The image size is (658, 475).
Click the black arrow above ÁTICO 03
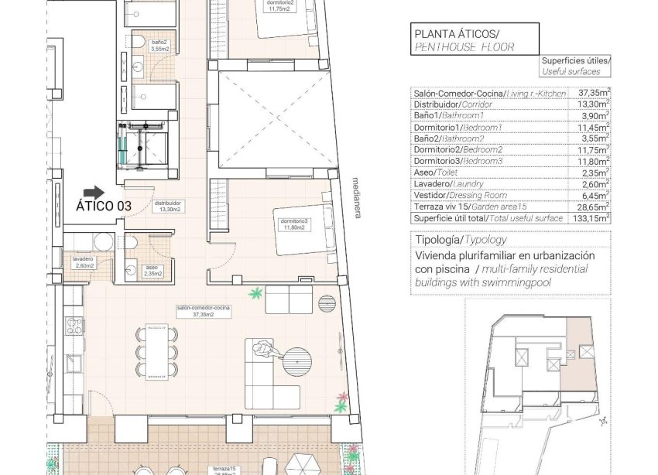click(94, 191)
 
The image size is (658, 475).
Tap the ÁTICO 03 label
click(104, 207)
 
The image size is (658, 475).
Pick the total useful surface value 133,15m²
click(591, 218)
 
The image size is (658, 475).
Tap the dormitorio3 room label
click(294, 224)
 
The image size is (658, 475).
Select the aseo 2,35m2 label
click(151, 270)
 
